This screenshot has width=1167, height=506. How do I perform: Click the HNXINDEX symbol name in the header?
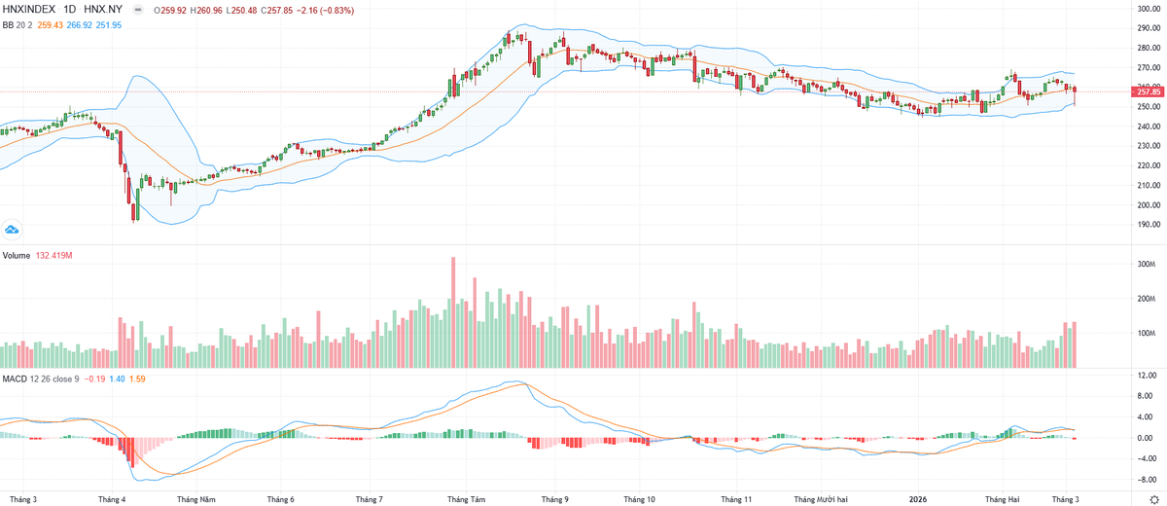point(31,9)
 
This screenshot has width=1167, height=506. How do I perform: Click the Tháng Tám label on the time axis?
point(466,499)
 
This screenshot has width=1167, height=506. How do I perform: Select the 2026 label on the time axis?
point(918,499)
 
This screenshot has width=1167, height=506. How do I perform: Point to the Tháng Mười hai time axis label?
point(822,499)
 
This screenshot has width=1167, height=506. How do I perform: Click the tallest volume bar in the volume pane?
point(453,311)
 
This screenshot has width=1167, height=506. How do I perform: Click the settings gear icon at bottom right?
point(1153,498)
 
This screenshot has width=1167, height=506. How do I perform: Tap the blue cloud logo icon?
point(13,230)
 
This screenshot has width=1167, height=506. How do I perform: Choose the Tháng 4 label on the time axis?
point(112,499)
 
